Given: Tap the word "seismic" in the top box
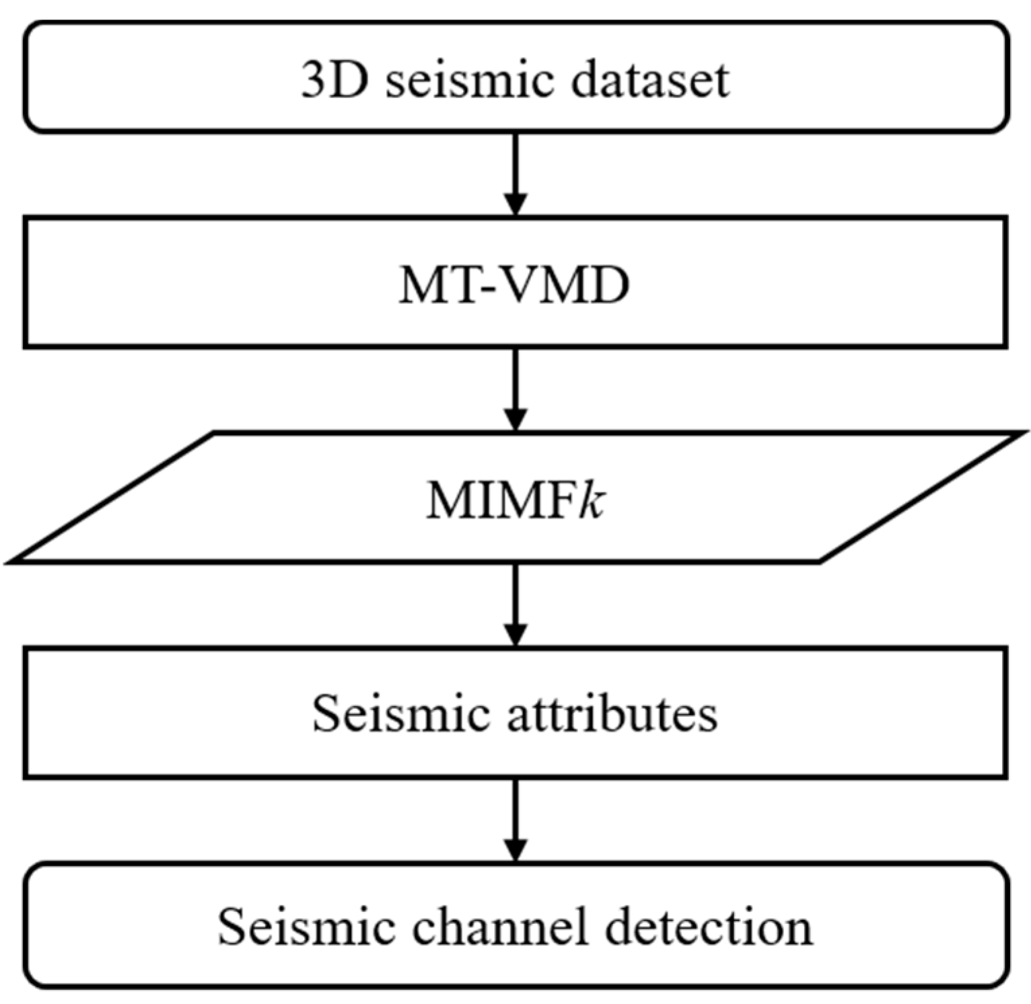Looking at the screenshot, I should click(x=470, y=80).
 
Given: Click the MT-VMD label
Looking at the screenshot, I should click(x=515, y=286).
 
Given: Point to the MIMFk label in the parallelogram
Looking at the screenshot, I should click(x=515, y=501).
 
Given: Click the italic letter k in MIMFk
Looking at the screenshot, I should click(x=592, y=501).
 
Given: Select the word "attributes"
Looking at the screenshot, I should click(x=612, y=713).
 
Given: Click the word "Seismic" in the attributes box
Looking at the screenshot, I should click(x=400, y=713).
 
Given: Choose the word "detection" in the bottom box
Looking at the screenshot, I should click(x=709, y=927).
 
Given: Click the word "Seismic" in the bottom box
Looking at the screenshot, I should click(x=306, y=927).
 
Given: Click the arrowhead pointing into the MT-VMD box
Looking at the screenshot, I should click(x=515, y=204).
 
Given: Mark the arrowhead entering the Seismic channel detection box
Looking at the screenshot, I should click(x=515, y=849).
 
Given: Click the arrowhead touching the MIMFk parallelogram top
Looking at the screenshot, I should click(x=515, y=419).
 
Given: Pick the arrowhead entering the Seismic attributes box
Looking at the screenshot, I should click(x=515, y=634).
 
